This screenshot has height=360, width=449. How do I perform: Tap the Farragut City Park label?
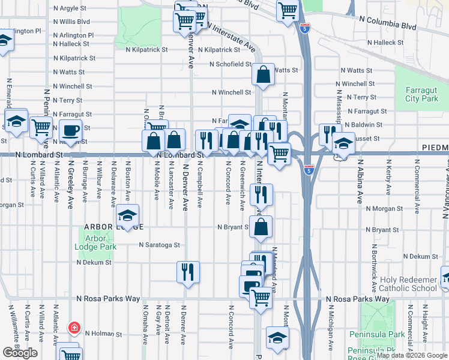click(x=421, y=94)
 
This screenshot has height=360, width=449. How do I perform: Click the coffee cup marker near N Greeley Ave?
click(x=70, y=131)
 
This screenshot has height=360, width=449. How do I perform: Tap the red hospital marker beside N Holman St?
click(x=73, y=328)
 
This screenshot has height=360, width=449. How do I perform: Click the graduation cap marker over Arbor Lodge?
click(x=127, y=216)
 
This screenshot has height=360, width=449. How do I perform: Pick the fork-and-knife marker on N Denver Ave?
click(x=188, y=272)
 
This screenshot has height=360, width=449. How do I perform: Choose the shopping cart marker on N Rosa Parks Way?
click(x=260, y=297)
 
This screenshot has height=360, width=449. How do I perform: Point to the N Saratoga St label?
click(x=159, y=245)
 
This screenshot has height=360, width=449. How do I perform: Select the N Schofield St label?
click(x=230, y=64)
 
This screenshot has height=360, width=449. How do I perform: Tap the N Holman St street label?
click(x=103, y=334)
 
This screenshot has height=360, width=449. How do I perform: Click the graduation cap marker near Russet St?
click(x=343, y=145)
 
